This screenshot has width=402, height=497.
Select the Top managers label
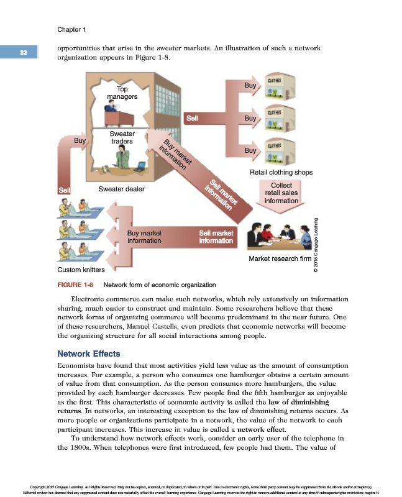coord(122,93)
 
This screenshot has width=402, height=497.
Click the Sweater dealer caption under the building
coord(121,188)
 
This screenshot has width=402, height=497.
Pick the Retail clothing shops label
coord(280,172)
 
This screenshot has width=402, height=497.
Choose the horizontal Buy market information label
coord(144,237)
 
